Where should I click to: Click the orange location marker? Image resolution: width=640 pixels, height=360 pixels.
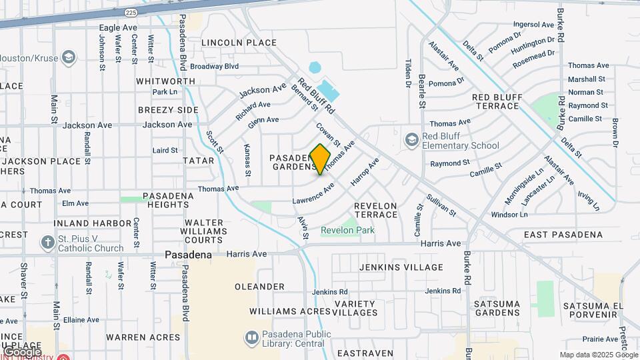coord(321,159)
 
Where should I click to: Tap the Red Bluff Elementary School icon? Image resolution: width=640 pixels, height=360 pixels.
coord(412,140)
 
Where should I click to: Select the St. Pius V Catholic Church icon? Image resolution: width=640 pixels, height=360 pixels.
coord(47,242)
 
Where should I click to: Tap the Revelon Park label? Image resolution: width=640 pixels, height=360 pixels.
coord(347,231)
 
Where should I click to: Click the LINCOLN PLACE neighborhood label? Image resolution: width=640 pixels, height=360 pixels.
coord(229,43)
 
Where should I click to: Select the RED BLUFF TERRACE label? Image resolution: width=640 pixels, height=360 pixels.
coord(506,102)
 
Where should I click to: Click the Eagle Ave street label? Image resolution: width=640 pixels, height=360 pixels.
coord(118,28)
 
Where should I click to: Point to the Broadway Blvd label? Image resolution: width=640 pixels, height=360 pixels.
coord(214,67)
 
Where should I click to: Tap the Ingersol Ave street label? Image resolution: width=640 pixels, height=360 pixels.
coord(534,25)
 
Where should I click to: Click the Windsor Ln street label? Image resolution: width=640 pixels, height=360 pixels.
coord(509,215)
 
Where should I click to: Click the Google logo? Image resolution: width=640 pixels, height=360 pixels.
coord(21,351)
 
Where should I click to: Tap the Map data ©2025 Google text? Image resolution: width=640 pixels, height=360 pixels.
coord(599,355)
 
